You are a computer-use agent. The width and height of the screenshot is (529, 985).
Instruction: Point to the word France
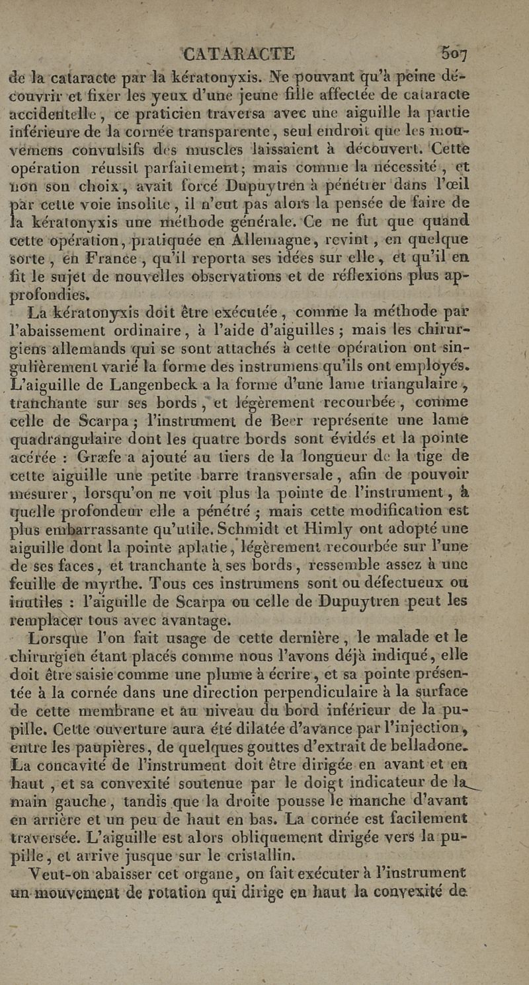pyautogui.click(x=76, y=254)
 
